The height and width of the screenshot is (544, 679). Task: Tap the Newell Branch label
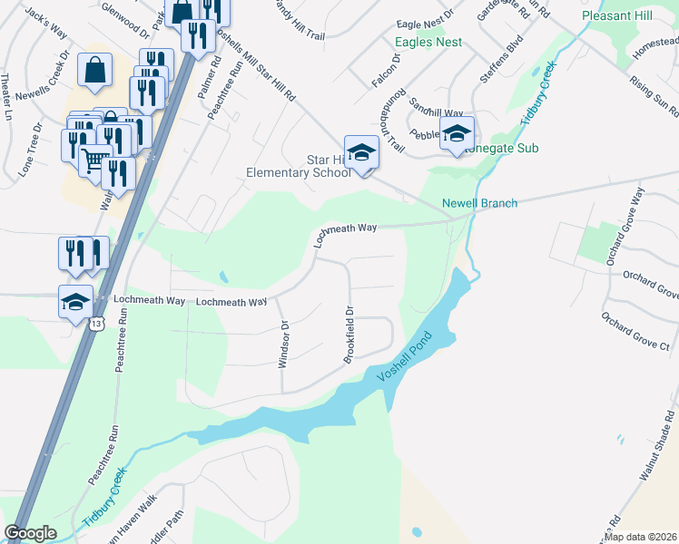[479, 203]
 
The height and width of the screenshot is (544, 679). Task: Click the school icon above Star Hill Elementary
[360, 151]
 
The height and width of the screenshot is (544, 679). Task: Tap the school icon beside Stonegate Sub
[457, 132]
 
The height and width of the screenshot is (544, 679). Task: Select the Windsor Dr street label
[283, 344]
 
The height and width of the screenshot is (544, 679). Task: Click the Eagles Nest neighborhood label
[428, 43]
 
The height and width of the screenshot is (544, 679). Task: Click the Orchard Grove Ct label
[635, 332]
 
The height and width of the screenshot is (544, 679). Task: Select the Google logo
[30, 533]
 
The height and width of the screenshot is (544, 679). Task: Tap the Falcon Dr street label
[386, 70]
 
